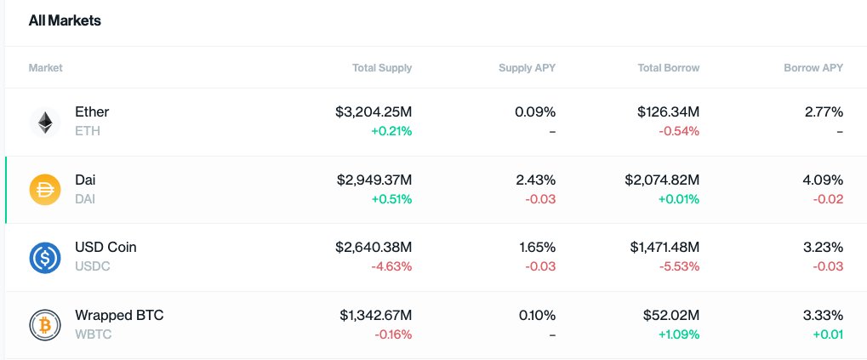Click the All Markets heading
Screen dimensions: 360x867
click(65, 21)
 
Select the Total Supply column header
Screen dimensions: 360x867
click(382, 68)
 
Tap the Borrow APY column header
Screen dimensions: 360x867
click(813, 68)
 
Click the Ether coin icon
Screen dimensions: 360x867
click(44, 122)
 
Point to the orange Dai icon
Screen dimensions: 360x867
click(44, 190)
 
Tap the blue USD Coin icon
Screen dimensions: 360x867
click(44, 257)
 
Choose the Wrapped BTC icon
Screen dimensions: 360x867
click(44, 325)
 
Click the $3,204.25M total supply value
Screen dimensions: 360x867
click(374, 112)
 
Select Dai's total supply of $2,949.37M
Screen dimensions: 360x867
click(374, 180)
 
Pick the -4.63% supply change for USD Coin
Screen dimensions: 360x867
click(393, 266)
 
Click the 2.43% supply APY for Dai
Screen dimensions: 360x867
click(535, 180)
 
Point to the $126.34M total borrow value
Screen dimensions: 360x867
click(668, 112)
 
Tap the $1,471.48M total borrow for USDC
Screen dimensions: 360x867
click(665, 248)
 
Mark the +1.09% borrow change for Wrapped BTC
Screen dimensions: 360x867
click(679, 334)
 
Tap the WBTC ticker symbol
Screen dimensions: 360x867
click(93, 334)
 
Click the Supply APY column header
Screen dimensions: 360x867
click(527, 68)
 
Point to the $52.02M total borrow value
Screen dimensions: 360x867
click(671, 316)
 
